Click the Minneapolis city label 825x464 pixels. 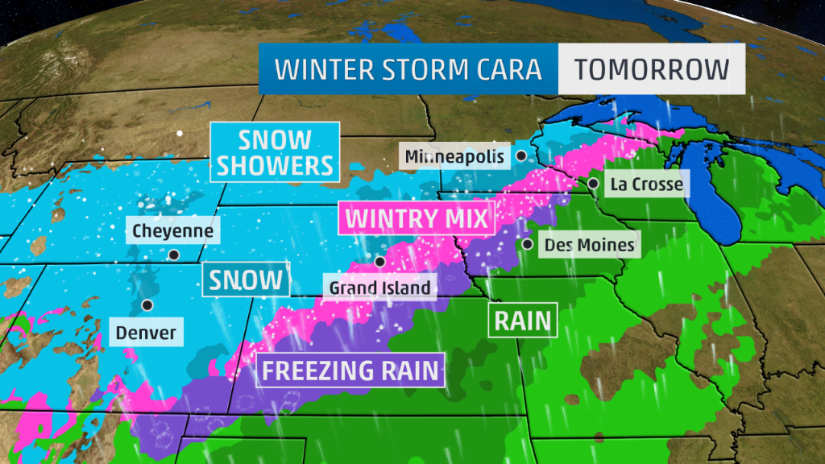click(455, 155)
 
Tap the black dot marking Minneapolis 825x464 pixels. click(522, 155)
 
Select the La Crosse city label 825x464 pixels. click(646, 184)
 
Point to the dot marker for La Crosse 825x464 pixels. click(593, 184)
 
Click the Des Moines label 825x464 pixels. click(589, 244)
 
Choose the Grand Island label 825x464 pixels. click(379, 287)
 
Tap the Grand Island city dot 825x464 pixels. click(379, 261)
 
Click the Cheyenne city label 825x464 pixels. click(173, 231)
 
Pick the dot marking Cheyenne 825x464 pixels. click(173, 255)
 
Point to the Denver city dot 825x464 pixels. click(147, 305)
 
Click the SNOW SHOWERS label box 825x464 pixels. click(274, 152)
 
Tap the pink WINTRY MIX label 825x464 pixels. click(416, 217)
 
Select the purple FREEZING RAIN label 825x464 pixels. click(351, 370)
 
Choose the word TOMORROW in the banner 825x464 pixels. click(651, 68)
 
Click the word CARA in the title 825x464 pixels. click(506, 68)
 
